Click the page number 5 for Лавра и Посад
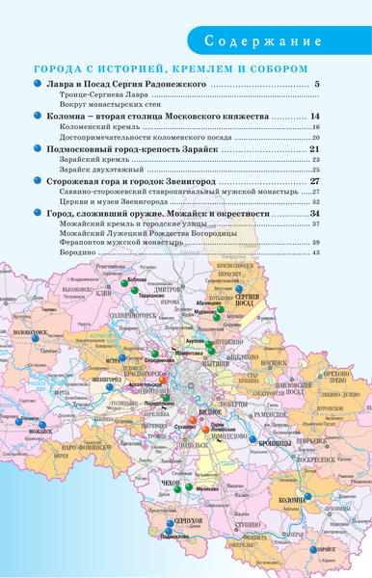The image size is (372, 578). tap(317, 87)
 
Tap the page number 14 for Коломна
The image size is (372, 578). tap(315, 117)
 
